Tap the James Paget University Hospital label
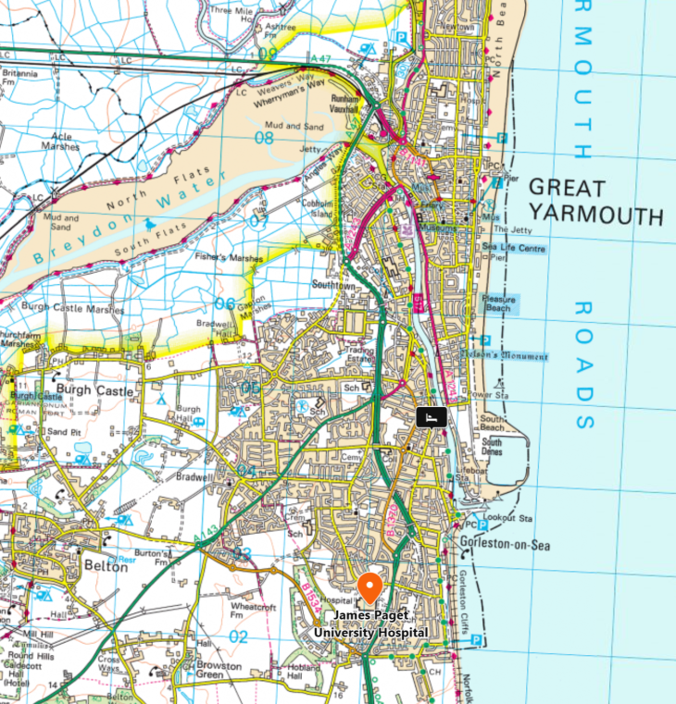point(370,624)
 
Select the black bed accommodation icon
point(431,418)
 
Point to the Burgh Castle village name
point(95,390)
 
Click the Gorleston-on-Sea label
point(504,546)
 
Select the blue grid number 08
point(264,139)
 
